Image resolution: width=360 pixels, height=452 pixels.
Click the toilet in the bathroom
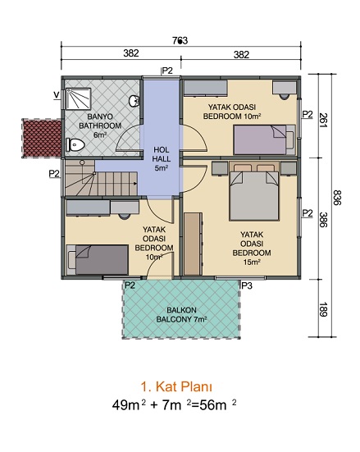(x=75, y=144)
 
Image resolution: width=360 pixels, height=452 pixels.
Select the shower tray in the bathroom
(x=79, y=98)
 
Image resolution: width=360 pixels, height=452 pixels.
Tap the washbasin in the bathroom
(x=134, y=101)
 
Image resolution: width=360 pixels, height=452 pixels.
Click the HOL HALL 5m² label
(x=161, y=158)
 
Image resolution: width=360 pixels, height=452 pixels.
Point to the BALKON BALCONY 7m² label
(x=181, y=315)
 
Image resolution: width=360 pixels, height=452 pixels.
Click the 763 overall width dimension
(x=180, y=41)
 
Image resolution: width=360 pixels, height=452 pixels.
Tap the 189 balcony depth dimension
(x=323, y=309)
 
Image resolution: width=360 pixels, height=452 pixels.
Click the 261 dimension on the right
(x=323, y=121)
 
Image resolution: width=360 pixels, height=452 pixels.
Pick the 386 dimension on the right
(x=323, y=220)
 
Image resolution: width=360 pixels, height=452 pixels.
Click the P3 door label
(x=247, y=285)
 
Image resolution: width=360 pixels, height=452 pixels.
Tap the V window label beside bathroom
(x=57, y=94)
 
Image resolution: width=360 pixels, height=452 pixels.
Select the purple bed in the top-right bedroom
(x=264, y=139)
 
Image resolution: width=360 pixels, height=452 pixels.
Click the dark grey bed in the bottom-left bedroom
(x=97, y=260)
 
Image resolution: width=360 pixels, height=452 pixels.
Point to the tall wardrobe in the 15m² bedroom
(x=193, y=244)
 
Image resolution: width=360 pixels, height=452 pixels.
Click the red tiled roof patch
(x=42, y=138)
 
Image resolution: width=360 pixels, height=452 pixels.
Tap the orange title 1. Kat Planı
(x=176, y=387)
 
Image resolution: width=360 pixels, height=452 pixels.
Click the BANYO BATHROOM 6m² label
(x=100, y=126)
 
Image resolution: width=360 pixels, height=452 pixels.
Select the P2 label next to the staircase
(x=54, y=174)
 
